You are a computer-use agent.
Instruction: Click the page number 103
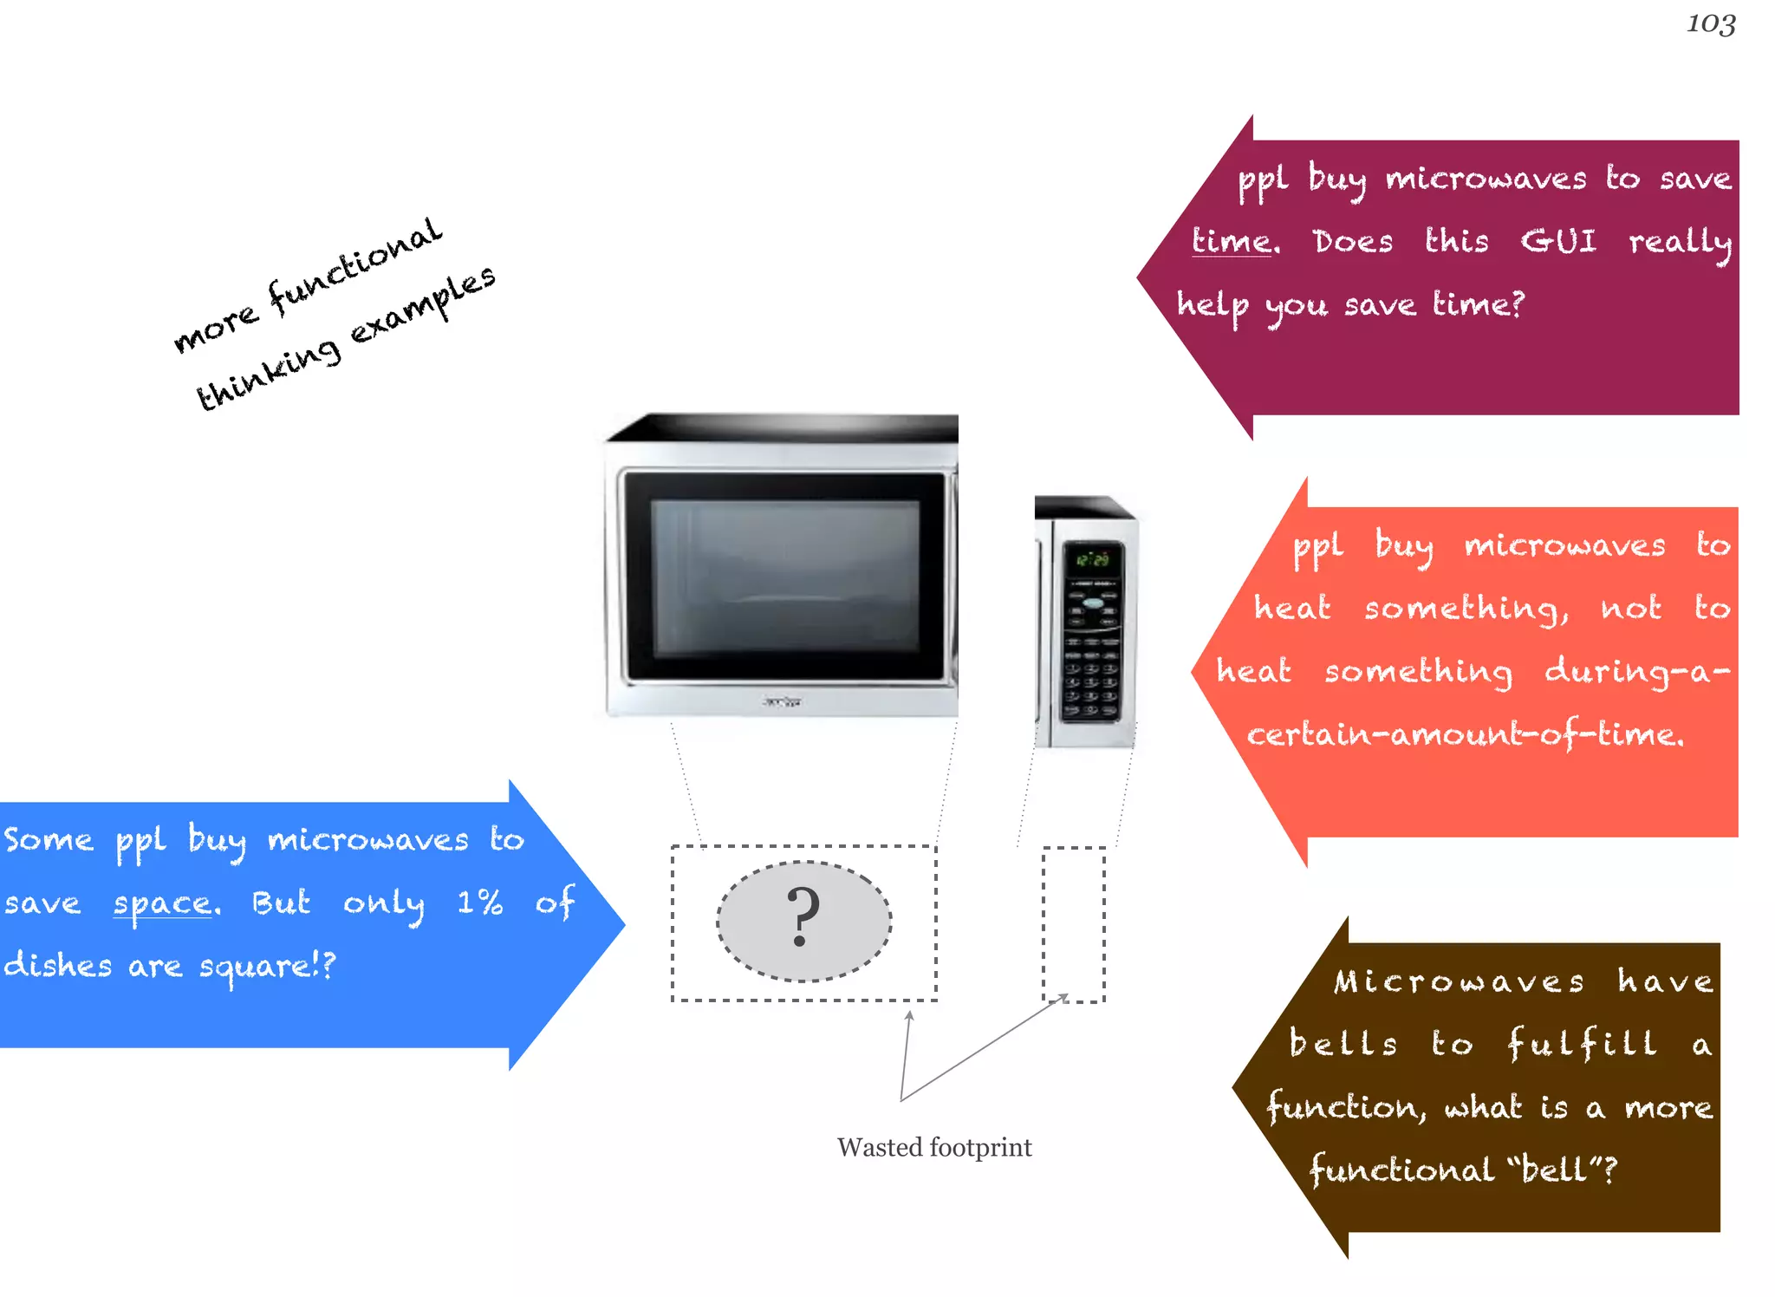point(1710,24)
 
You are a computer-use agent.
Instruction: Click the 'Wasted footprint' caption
point(934,1148)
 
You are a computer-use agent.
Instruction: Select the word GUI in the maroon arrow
point(1558,241)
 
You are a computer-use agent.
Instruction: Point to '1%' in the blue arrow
point(479,903)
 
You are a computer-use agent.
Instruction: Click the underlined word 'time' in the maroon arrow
point(1231,241)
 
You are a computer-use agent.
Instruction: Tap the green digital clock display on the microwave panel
point(1092,560)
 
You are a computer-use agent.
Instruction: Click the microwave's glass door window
point(784,577)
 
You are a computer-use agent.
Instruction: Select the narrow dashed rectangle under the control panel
point(1073,924)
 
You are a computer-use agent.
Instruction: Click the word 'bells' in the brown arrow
point(1343,1043)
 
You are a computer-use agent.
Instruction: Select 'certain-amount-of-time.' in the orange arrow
point(1465,735)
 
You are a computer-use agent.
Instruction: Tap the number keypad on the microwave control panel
point(1091,681)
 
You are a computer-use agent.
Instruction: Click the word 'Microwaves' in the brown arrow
point(1459,981)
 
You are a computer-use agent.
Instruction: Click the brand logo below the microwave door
point(782,701)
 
